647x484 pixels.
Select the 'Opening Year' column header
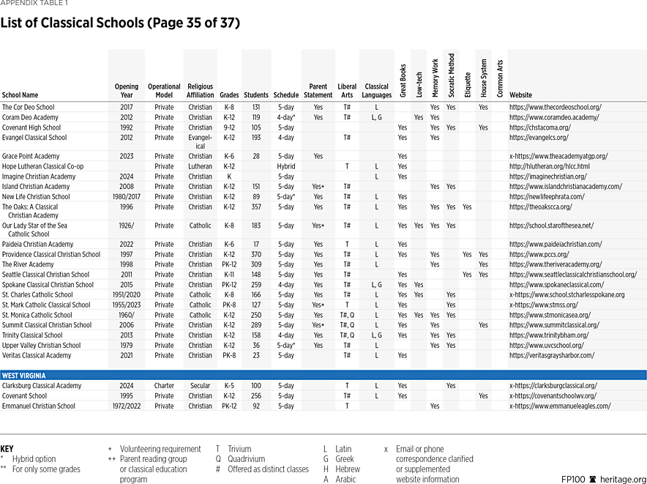point(126,91)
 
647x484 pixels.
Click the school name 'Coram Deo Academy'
point(30,117)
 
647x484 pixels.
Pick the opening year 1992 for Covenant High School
point(126,127)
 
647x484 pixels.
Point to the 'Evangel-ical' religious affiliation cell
point(200,141)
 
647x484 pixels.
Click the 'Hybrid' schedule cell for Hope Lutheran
point(285,166)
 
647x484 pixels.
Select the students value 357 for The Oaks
point(255,207)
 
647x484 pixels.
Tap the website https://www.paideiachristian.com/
point(556,245)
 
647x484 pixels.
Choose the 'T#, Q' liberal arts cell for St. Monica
point(346,315)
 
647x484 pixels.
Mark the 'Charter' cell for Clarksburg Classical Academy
point(164,386)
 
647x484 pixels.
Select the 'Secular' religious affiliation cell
point(200,386)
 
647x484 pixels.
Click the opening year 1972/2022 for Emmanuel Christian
point(126,406)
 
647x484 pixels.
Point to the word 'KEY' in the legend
point(7,449)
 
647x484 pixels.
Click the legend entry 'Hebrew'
point(347,469)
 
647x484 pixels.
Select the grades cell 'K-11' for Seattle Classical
point(229,275)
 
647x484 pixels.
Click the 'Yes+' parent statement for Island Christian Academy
point(318,187)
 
